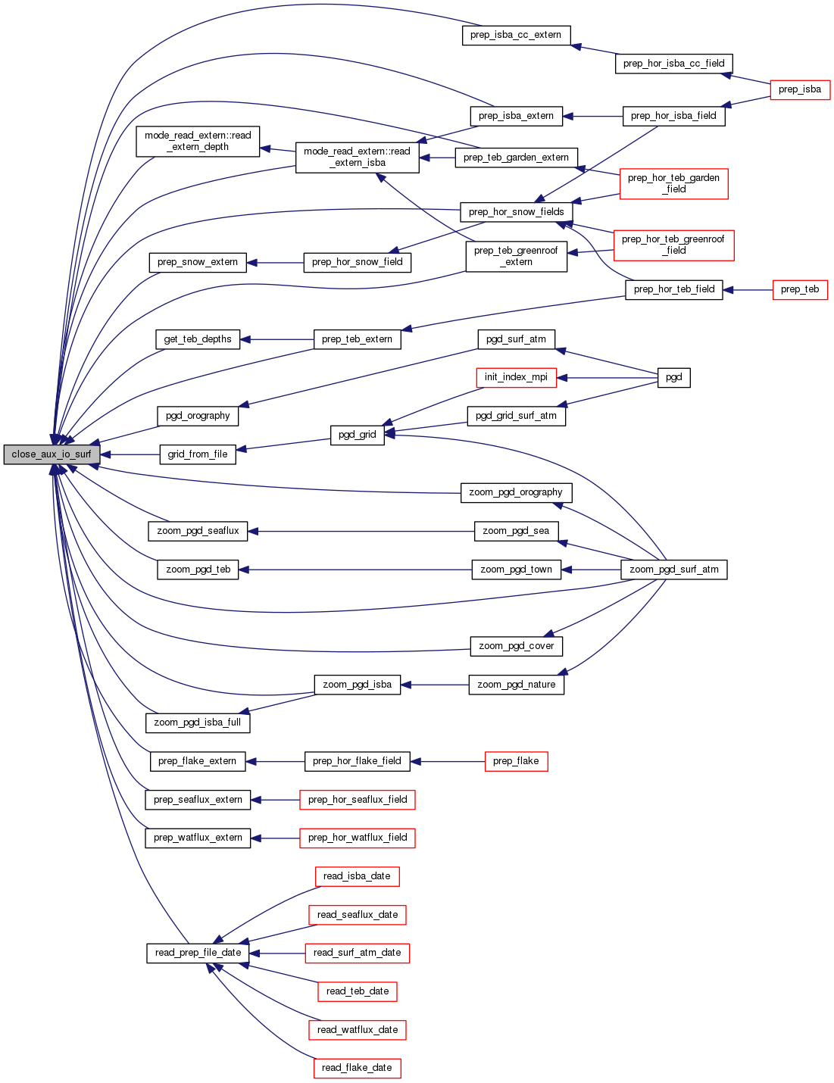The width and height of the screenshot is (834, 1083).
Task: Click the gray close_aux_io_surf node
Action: click(x=52, y=454)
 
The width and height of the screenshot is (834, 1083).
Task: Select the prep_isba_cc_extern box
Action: click(x=516, y=35)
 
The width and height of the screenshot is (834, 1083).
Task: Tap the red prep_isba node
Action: click(x=800, y=89)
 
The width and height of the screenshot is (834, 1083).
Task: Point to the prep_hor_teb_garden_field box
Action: click(x=673, y=183)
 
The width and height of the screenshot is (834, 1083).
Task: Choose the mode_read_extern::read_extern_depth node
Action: click(x=198, y=142)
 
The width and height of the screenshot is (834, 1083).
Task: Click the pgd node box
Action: click(x=673, y=377)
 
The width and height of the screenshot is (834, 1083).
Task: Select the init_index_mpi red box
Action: click(x=516, y=377)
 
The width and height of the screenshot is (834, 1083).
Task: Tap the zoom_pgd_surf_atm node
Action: click(x=673, y=570)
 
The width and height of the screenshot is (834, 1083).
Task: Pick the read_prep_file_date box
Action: click(x=198, y=953)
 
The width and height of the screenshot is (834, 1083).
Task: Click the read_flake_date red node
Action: click(x=357, y=1068)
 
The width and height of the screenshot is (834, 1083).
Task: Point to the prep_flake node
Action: click(x=516, y=761)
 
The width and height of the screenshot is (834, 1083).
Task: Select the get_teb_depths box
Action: click(x=198, y=339)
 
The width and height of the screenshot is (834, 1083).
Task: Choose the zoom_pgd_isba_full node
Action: click(x=198, y=723)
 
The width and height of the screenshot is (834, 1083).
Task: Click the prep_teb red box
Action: click(x=800, y=289)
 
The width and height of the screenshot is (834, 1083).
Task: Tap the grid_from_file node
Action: click(x=198, y=454)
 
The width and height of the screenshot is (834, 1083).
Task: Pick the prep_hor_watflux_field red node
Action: click(x=357, y=838)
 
